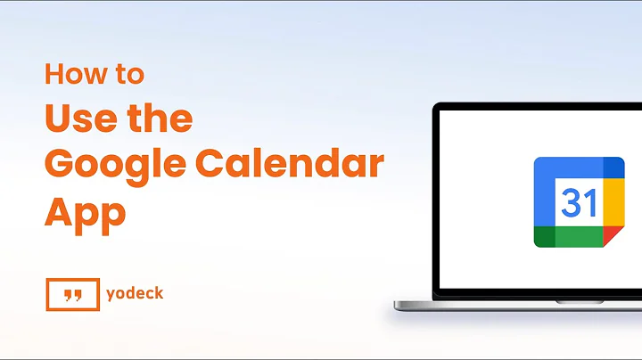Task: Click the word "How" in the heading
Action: click(x=70, y=75)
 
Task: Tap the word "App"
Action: click(x=85, y=214)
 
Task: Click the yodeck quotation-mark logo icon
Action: click(x=72, y=294)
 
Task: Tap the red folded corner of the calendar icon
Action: click(x=613, y=237)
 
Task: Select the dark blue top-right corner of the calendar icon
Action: click(x=613, y=167)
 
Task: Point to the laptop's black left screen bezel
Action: click(x=438, y=205)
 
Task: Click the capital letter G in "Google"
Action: click(x=60, y=167)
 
